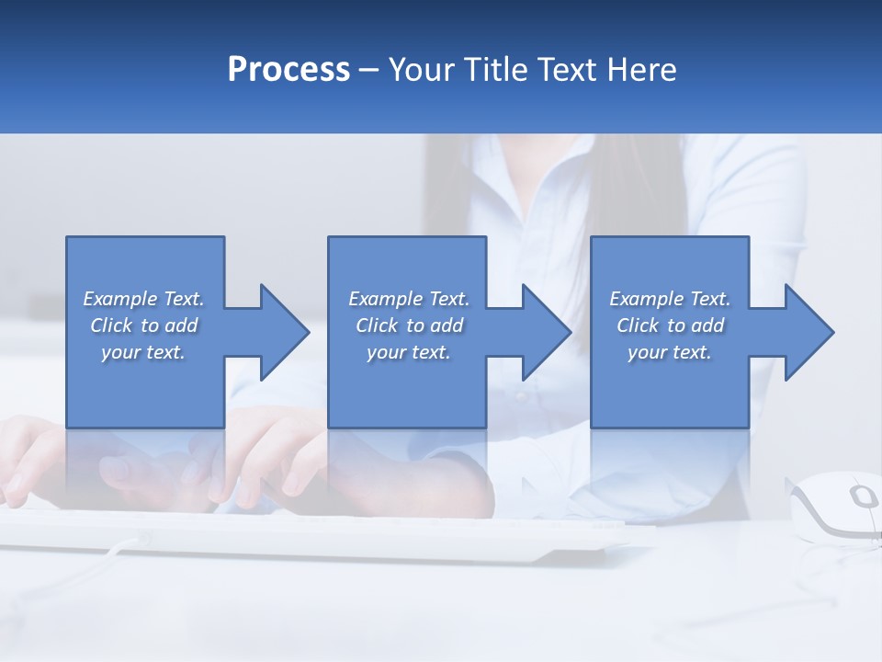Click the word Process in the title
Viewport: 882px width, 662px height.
coord(288,70)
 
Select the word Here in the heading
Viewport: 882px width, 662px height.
coord(642,70)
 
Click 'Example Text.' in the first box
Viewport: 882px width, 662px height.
coord(143,299)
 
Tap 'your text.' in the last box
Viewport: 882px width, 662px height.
coord(669,352)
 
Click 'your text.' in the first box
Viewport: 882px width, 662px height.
coord(143,352)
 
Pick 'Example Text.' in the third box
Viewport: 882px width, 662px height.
coord(670,299)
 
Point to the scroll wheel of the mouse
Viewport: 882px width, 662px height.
coord(863,497)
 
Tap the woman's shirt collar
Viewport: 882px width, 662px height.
coord(514,184)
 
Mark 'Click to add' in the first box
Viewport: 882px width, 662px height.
coord(143,325)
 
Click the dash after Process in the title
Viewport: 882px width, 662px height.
coord(368,70)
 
